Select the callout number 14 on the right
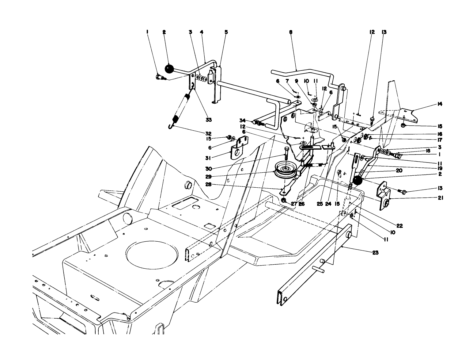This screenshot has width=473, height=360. pyautogui.click(x=440, y=104)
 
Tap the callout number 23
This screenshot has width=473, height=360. pyautogui.click(x=375, y=253)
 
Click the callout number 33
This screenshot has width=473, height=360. pyautogui.click(x=209, y=119)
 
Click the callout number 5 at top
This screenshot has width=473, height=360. pyautogui.click(x=226, y=32)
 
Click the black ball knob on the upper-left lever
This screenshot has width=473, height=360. pyautogui.click(x=169, y=68)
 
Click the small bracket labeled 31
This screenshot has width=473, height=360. pyautogui.click(x=240, y=148)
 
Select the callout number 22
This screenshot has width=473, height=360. pyautogui.click(x=399, y=226)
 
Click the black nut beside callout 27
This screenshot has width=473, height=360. pyautogui.click(x=284, y=201)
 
